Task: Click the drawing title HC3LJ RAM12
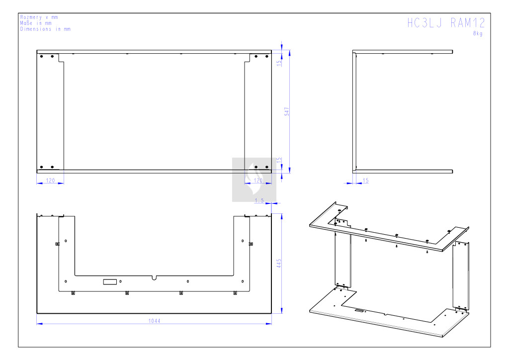[446, 23]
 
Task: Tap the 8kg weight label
[478, 33]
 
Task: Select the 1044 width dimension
[154, 321]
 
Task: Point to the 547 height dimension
[287, 111]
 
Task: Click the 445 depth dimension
[279, 263]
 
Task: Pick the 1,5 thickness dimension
[259, 200]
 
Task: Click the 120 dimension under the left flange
[50, 180]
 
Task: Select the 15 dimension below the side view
[365, 180]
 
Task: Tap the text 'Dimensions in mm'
[45, 29]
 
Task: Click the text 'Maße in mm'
[36, 23]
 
